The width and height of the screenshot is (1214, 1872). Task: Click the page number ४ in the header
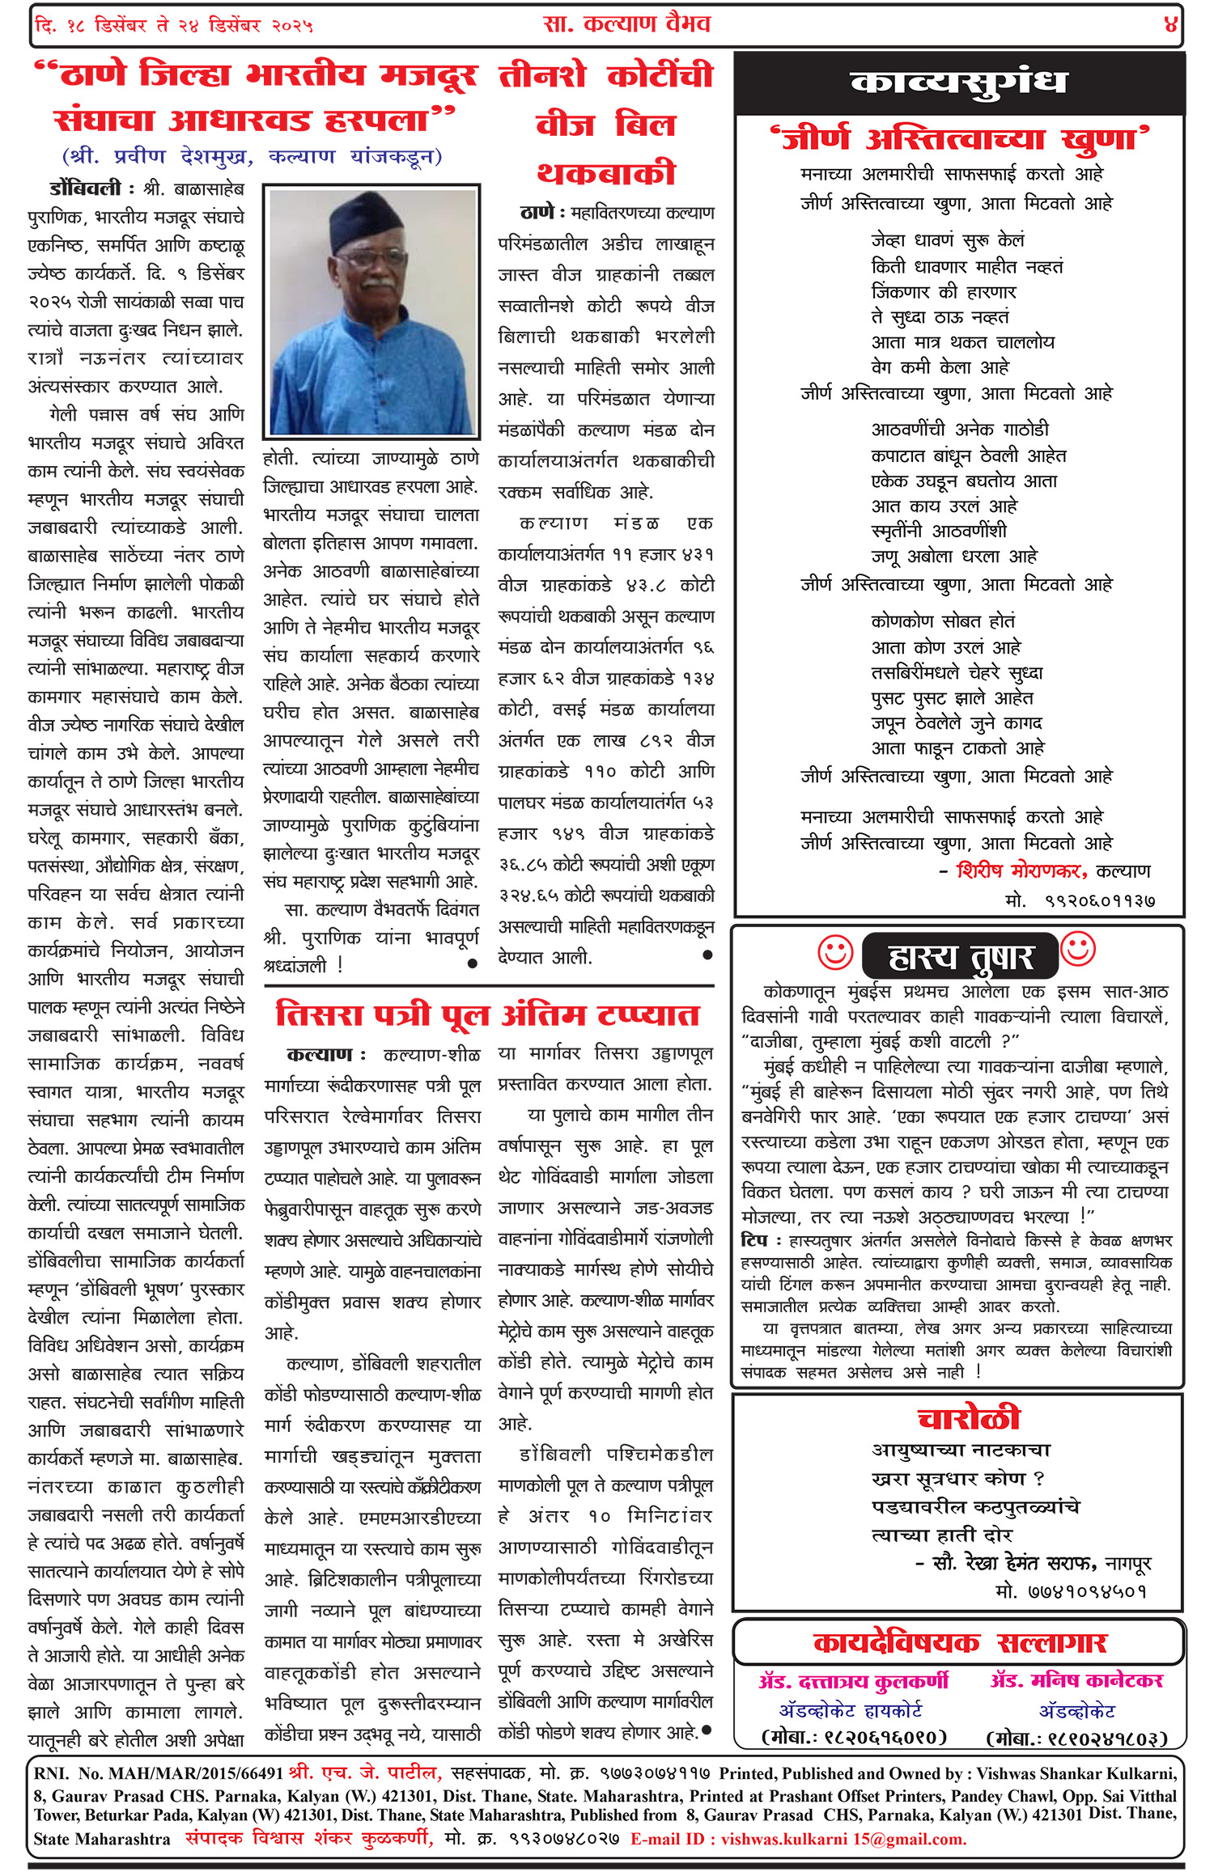pyautogui.click(x=1169, y=24)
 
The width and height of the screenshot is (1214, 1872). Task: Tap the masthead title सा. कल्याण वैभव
pyautogui.click(x=627, y=24)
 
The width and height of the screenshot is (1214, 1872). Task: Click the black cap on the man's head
pyautogui.click(x=371, y=223)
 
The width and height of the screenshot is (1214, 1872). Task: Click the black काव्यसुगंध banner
pyautogui.click(x=958, y=83)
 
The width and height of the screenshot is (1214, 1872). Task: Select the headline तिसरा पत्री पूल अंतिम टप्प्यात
pyautogui.click(x=487, y=1014)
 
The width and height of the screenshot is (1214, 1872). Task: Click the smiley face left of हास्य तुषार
pyautogui.click(x=835, y=952)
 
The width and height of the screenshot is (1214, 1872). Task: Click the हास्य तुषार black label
pyautogui.click(x=960, y=957)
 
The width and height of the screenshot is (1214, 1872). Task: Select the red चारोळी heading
pyautogui.click(x=968, y=1418)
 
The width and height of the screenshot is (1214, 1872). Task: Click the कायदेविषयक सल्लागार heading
pyautogui.click(x=959, y=1642)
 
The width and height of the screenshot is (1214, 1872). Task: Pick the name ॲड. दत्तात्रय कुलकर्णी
pyautogui.click(x=854, y=1681)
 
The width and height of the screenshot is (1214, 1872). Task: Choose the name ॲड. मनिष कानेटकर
pyautogui.click(x=1076, y=1680)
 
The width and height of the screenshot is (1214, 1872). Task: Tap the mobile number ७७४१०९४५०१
pyautogui.click(x=1071, y=1591)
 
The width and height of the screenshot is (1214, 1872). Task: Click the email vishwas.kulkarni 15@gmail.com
pyautogui.click(x=843, y=1839)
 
